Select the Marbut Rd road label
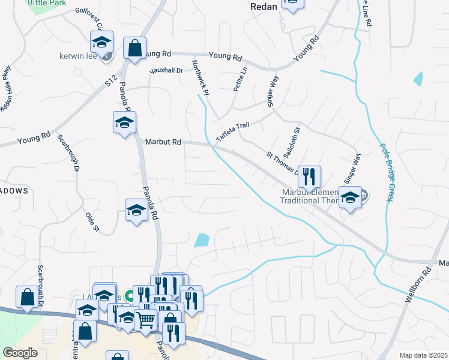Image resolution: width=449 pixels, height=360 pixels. click(x=163, y=142)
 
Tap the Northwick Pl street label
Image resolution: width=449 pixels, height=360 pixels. click(x=200, y=77)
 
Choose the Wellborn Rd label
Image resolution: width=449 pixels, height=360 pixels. click(x=419, y=284)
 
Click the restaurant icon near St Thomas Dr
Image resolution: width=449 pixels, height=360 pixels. click(x=309, y=176)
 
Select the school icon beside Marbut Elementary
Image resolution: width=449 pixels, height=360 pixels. click(x=349, y=197)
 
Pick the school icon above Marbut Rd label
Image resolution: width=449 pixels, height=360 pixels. click(x=124, y=122)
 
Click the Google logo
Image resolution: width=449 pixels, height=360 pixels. click(x=20, y=353)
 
